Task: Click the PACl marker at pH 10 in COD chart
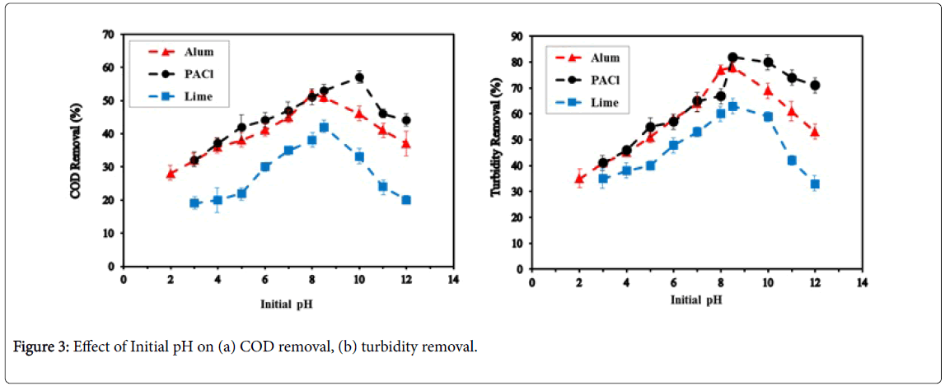pos(359,77)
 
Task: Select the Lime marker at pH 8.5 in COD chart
pos(324,128)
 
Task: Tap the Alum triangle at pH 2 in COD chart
pos(171,174)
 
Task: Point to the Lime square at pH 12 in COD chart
pos(406,200)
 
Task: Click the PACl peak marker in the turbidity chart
pos(732,58)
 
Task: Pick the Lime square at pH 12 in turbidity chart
pos(815,184)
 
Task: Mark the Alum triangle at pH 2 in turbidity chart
pos(579,179)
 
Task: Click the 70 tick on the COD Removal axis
pos(108,35)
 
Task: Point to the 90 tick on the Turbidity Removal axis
pos(516,36)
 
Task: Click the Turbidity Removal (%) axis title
pos(496,150)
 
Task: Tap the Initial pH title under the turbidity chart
pos(696,300)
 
